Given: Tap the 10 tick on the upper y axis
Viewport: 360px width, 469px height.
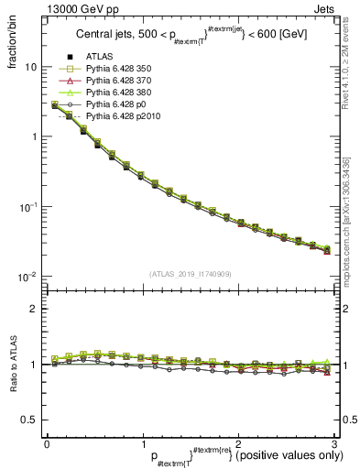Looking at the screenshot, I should [31, 68].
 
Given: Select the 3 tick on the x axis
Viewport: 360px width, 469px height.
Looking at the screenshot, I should [334, 444].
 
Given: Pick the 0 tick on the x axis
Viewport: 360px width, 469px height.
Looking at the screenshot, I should [47, 444].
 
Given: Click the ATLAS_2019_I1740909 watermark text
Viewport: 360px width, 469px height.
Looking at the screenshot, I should [191, 274].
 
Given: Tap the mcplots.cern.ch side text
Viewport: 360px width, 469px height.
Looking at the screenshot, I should [350, 224].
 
